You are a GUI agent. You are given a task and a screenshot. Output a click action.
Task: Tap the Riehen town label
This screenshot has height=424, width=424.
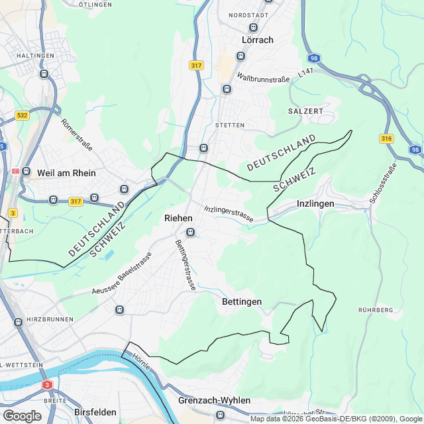pyautogui.click(x=178, y=218)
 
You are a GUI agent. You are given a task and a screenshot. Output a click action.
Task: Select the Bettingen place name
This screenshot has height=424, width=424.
pyautogui.click(x=241, y=301)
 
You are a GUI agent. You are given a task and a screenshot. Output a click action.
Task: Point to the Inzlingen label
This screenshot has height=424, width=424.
pyautogui.click(x=315, y=203)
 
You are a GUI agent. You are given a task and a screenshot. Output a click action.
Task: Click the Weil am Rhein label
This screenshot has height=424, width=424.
pyautogui.click(x=67, y=173)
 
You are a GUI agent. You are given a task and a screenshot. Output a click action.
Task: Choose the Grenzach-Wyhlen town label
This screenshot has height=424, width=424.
pyautogui.click(x=214, y=400)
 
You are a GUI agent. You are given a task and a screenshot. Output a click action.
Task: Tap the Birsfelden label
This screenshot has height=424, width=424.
pyautogui.click(x=96, y=411)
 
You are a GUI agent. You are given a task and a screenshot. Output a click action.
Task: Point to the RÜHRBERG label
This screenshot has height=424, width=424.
pyautogui.click(x=375, y=310)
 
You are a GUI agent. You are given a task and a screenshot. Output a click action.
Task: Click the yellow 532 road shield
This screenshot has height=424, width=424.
pyautogui.click(x=23, y=115)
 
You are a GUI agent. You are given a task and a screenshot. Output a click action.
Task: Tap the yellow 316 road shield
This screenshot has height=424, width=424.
pyautogui.click(x=387, y=138)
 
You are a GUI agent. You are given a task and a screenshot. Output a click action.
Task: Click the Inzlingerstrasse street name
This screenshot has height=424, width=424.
pyautogui.click(x=229, y=213)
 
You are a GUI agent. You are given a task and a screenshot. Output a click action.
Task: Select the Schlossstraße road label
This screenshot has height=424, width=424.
pyautogui.click(x=384, y=183)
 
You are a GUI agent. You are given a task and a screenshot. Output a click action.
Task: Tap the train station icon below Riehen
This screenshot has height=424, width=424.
pyautogui.click(x=190, y=232)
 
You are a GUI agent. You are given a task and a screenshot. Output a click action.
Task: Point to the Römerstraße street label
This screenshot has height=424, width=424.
pyautogui.click(x=76, y=134)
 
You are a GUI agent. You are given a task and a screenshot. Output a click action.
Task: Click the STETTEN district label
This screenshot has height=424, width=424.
pyautogui.click(x=230, y=125)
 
